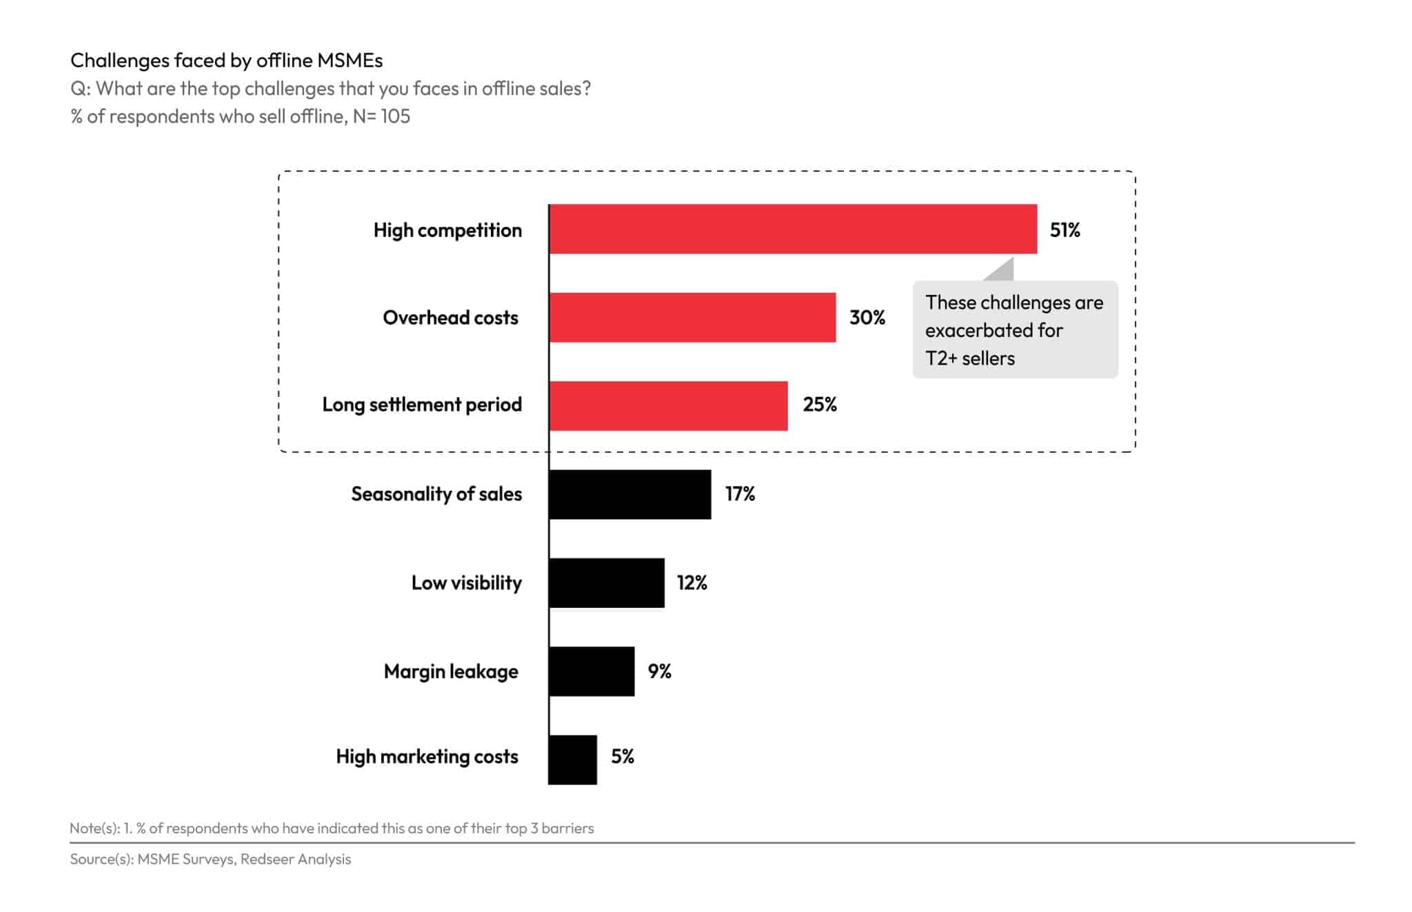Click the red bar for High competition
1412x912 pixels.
point(793,229)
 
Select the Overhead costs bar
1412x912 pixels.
point(692,317)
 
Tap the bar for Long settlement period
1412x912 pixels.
point(668,405)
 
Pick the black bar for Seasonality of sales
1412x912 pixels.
point(630,494)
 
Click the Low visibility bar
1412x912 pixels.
point(607,582)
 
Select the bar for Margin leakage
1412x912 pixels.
point(592,671)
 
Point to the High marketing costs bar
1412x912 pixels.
point(573,759)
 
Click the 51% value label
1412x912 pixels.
point(1065,230)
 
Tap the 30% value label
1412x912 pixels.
point(867,318)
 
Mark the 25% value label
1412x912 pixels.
point(819,405)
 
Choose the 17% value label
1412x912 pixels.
point(740,494)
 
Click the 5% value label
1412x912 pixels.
point(622,757)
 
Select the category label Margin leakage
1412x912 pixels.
point(451,671)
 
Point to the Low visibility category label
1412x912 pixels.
point(466,583)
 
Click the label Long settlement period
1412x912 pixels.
point(422,405)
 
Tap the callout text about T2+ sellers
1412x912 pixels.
point(1013,330)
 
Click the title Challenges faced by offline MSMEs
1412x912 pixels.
point(226,61)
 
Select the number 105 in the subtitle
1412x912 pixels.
point(395,116)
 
